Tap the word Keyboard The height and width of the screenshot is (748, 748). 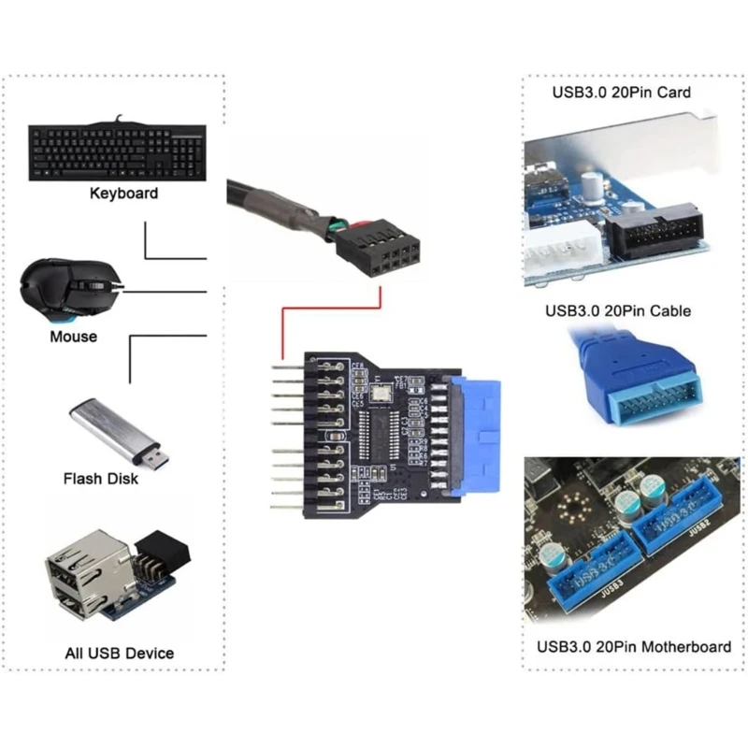(x=123, y=194)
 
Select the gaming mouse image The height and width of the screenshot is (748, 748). (x=70, y=289)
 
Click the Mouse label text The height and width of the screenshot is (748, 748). (x=73, y=336)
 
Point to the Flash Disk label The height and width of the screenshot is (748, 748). (x=100, y=479)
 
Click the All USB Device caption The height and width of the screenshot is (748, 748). (x=119, y=653)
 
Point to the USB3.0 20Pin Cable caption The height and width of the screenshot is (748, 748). (x=616, y=310)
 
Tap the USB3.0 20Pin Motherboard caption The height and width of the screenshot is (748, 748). (x=634, y=646)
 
